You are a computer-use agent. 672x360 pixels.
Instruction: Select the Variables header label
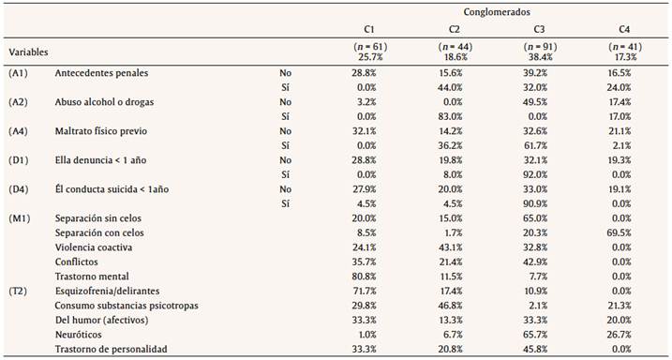28,52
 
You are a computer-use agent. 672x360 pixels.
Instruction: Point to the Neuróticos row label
81,334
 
